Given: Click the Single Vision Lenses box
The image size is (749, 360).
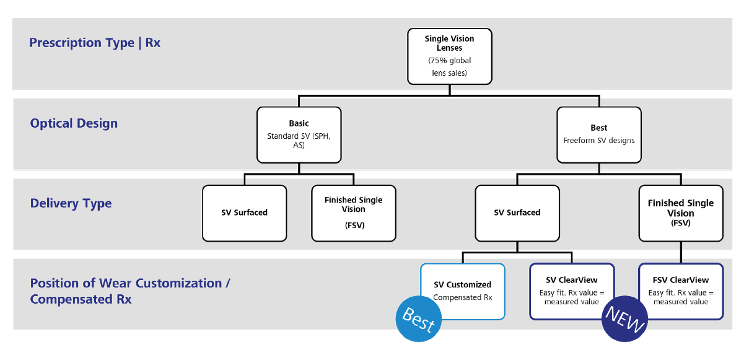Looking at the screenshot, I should coord(449,56).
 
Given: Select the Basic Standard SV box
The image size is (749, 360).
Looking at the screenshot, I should coord(299,135).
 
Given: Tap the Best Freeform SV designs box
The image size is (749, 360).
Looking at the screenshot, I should coord(598,135).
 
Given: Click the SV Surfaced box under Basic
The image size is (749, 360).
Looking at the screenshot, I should coord(244,213).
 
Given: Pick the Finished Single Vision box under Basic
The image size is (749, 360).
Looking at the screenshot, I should coord(353,213).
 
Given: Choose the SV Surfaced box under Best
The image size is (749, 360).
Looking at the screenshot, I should coord(517,213).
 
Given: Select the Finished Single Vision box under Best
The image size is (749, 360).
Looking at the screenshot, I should coord(680,213).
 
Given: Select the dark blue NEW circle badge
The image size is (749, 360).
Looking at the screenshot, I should coord(624,320).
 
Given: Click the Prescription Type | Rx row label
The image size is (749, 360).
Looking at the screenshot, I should coord(95,43).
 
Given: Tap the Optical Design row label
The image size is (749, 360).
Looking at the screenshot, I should coord(74,123).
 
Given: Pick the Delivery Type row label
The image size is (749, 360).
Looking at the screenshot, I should coord(71,203).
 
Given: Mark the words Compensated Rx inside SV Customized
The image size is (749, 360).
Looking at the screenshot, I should coord(462,297).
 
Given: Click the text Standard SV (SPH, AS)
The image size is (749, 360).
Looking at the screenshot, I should coord(299,141).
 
